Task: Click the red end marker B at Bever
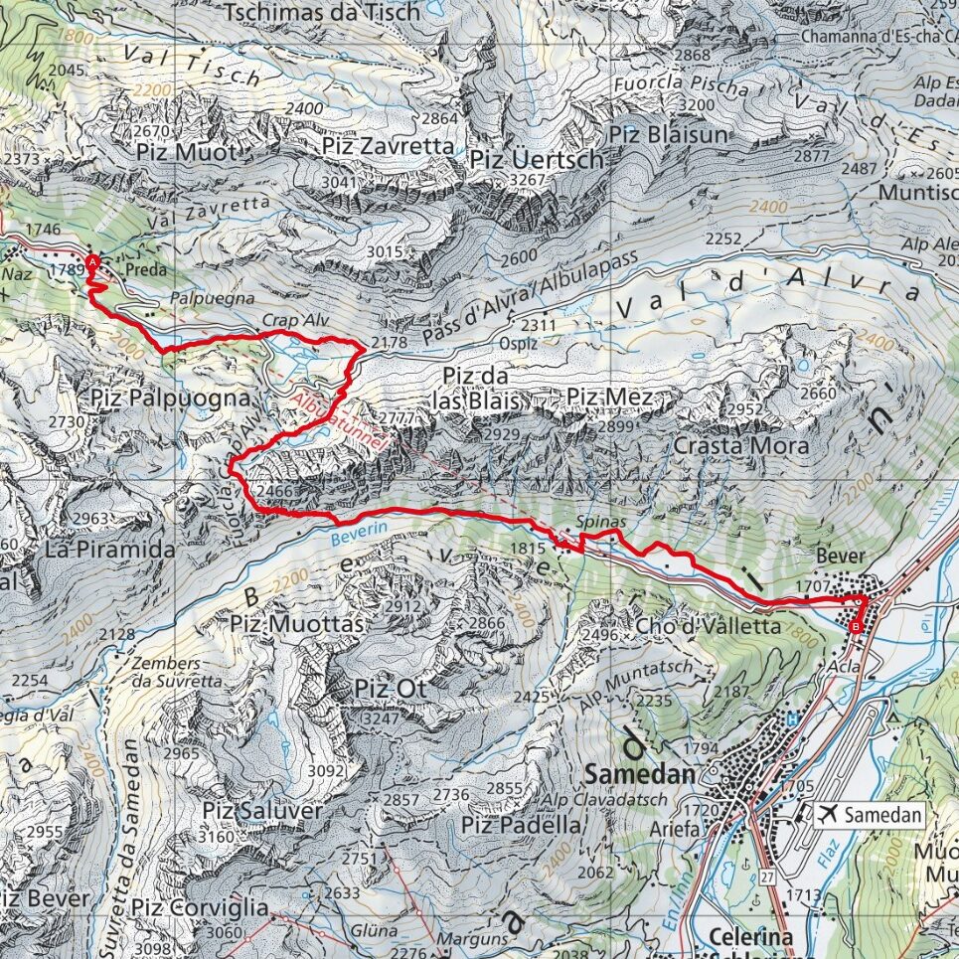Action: (x=857, y=626)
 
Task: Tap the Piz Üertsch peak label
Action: (x=537, y=159)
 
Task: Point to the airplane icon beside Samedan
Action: (x=826, y=815)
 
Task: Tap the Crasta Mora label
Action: (x=740, y=446)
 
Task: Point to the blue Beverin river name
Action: (x=352, y=534)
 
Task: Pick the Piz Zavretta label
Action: (x=388, y=146)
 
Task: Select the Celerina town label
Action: (x=750, y=937)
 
